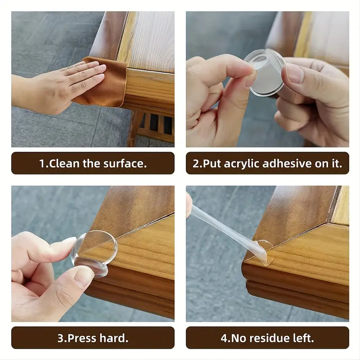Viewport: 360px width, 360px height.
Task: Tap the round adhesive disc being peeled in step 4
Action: pos(264,252)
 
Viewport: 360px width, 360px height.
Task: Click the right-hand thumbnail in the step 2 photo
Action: pos(295,73)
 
